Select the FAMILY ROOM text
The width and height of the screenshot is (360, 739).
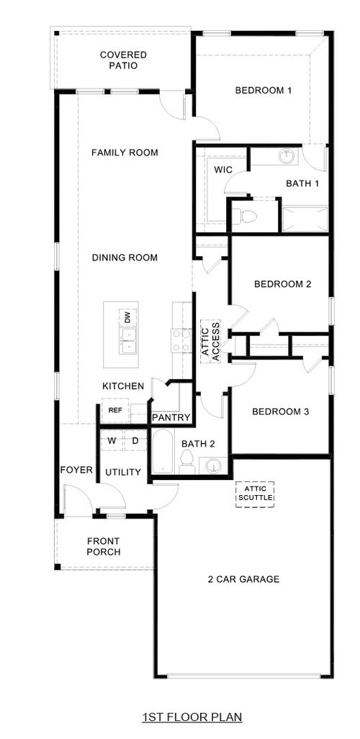tap(125, 153)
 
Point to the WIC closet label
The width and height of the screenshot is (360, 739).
tap(223, 170)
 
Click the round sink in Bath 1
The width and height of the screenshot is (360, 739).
tap(287, 157)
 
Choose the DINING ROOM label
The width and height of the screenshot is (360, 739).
tap(125, 258)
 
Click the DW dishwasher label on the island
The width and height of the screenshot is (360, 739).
tap(127, 317)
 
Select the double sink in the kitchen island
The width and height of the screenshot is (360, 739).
tap(127, 342)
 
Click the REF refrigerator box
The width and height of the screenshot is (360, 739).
tap(115, 410)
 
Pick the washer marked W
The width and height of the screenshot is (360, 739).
tap(112, 440)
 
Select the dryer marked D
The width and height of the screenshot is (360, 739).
tap(135, 440)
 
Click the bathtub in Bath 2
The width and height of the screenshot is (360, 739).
tap(161, 451)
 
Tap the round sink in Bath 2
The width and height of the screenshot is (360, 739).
tap(213, 466)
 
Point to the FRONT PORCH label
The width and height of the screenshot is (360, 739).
tap(104, 547)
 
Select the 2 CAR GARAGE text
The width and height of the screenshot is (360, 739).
tap(243, 579)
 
